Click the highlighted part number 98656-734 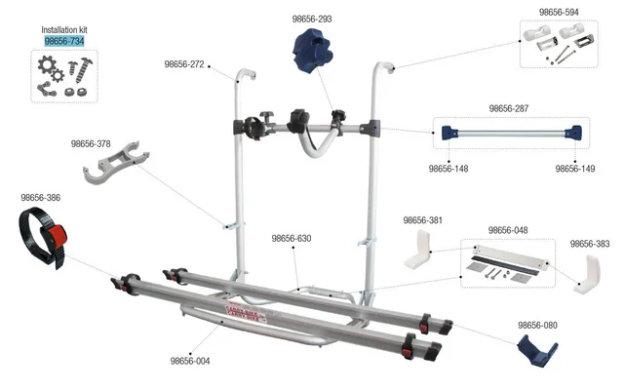[64, 42]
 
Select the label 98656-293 [312, 19]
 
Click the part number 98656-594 [560, 13]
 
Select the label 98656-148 [448, 168]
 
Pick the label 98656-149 [575, 168]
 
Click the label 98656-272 [184, 64]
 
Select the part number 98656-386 [40, 198]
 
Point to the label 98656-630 [292, 237]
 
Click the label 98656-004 [190, 360]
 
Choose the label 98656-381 [422, 220]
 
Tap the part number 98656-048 [508, 230]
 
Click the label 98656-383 [590, 244]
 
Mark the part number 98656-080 [537, 325]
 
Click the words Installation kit [64, 30]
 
